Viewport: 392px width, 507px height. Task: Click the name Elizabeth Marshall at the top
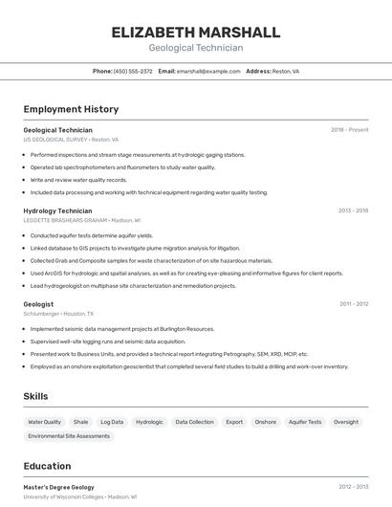(196, 33)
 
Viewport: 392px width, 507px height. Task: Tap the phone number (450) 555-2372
(133, 71)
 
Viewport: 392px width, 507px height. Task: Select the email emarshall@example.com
(208, 71)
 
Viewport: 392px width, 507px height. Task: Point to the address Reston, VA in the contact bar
(285, 71)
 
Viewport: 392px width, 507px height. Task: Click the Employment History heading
(71, 109)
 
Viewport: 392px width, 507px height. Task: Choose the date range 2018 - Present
(350, 130)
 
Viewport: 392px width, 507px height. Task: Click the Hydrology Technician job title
(57, 210)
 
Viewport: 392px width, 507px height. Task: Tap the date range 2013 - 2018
(353, 210)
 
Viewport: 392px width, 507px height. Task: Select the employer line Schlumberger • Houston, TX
(58, 314)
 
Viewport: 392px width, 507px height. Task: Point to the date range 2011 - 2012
(354, 304)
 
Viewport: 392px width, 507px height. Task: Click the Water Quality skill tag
(44, 422)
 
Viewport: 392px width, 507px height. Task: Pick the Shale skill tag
(81, 422)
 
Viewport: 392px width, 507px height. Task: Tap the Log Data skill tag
(112, 422)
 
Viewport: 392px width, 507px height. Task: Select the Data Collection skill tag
(194, 422)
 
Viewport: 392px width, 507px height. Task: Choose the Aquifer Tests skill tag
(305, 422)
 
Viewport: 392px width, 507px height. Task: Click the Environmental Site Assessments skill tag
(69, 436)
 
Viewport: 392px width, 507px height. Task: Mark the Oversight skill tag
(346, 422)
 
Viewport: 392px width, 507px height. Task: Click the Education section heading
(47, 467)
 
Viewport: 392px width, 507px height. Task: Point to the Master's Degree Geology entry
(58, 487)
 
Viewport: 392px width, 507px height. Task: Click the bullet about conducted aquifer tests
(92, 235)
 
